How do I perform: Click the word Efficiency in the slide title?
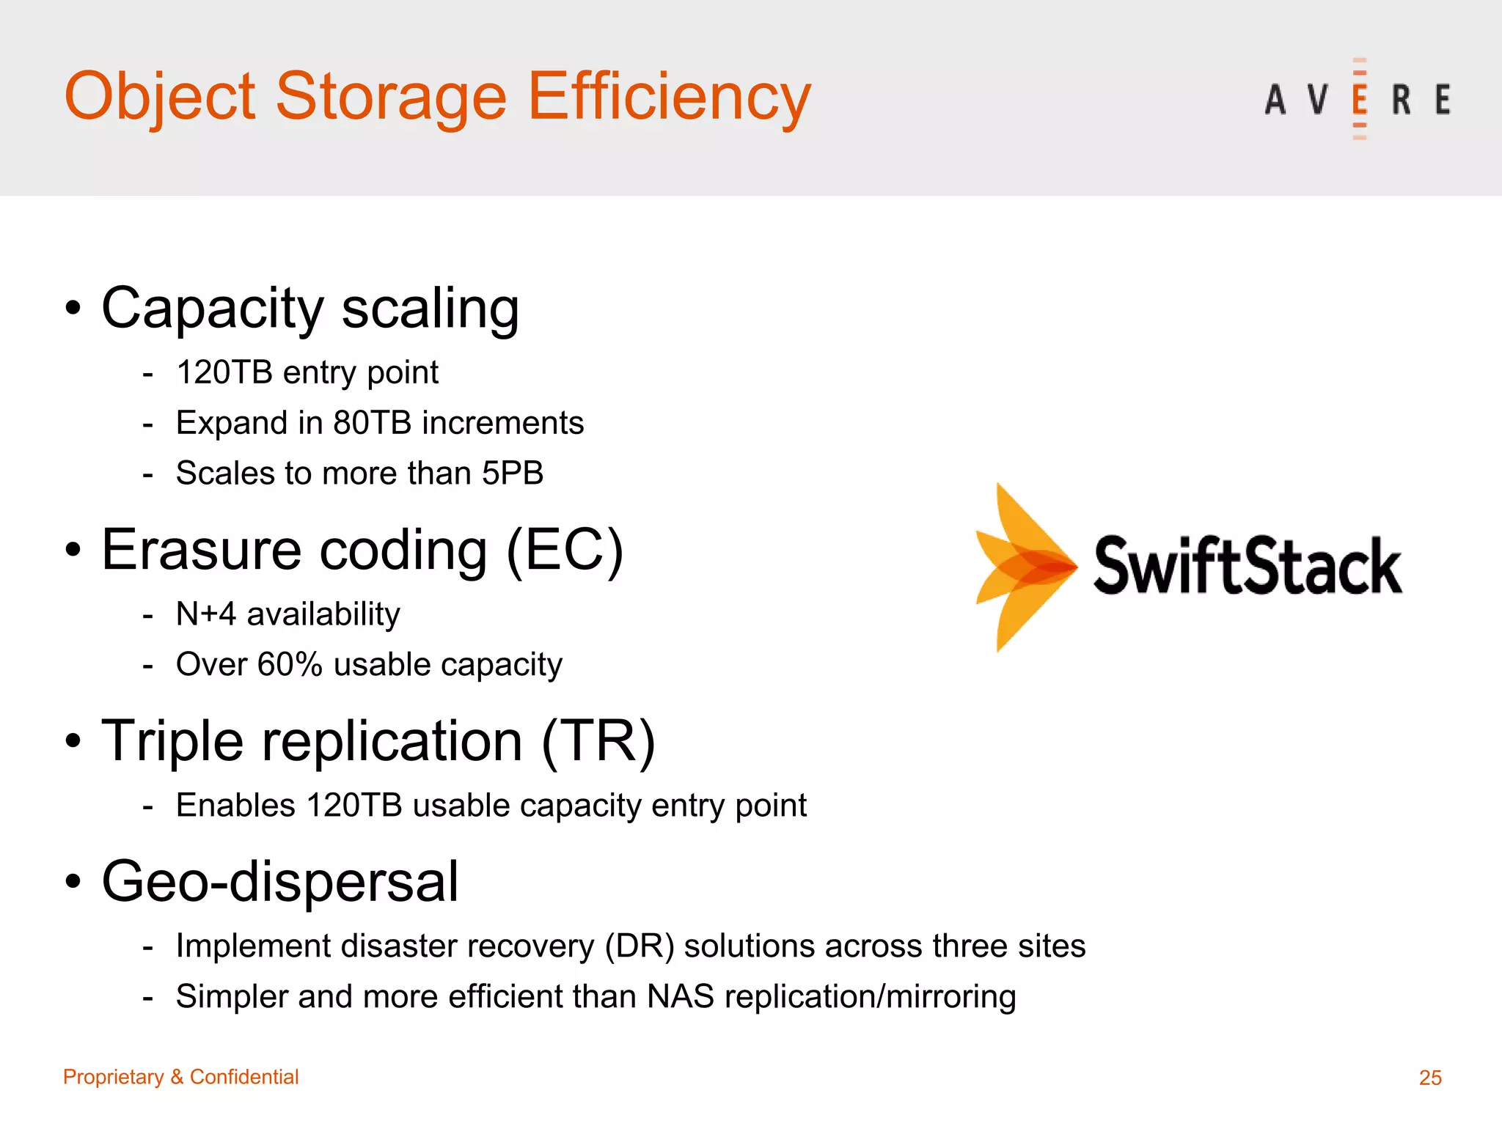(669, 97)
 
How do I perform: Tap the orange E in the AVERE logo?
(1359, 99)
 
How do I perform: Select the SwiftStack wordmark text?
(1248, 565)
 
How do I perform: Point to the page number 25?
(1430, 1077)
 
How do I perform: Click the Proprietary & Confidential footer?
(180, 1076)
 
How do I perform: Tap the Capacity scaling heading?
(310, 308)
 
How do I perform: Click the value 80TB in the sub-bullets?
(372, 423)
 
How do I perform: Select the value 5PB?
(512, 473)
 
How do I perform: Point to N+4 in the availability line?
(206, 614)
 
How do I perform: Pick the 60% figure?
(290, 664)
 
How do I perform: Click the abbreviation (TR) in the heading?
(598, 741)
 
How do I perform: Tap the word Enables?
(235, 805)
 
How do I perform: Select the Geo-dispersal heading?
(280, 881)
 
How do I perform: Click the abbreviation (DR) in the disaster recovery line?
(640, 946)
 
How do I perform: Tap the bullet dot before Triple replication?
(73, 741)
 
